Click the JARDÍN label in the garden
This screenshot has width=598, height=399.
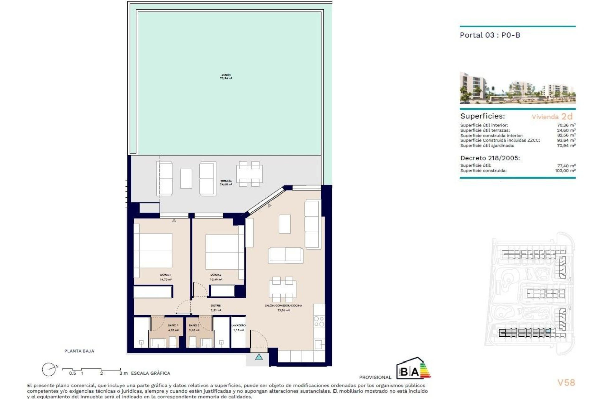226,75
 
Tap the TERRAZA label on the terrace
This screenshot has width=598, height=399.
226,181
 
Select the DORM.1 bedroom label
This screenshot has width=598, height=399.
165,275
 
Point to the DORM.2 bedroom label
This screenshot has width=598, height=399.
216,275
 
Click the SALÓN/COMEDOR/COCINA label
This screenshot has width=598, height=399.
283,306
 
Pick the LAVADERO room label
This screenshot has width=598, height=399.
238,325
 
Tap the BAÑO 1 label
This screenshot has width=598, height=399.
173,325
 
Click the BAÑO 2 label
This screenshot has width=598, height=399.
194,325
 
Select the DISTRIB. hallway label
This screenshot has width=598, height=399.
216,306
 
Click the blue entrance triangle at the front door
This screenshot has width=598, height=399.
259,357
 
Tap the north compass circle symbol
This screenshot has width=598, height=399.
49,370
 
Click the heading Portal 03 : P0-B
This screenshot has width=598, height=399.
490,35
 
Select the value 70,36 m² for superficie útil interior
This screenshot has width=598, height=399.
566,125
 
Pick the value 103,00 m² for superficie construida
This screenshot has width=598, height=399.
565,171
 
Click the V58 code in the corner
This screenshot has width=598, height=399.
566,382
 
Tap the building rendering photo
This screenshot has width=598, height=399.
517,88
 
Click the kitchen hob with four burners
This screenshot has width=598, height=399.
319,321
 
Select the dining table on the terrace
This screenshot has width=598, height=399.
249,174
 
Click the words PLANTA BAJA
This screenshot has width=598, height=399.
79,351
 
